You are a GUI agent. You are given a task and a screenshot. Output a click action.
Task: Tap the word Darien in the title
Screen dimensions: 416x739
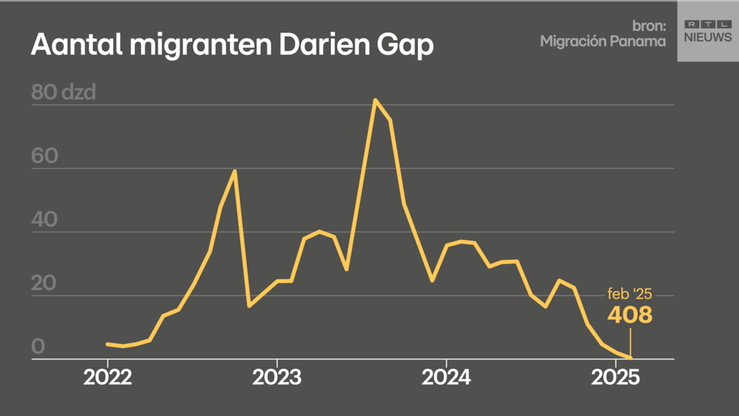coord(324,45)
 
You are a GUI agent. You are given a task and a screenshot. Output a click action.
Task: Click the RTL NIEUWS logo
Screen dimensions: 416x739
coord(707,30)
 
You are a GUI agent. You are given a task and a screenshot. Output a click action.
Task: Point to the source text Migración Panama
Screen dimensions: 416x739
coord(603,41)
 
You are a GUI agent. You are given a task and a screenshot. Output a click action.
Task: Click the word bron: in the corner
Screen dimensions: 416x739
coord(649,26)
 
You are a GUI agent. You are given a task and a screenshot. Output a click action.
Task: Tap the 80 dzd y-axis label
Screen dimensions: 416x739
coord(64,93)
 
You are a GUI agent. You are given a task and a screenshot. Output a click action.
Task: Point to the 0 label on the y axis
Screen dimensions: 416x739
coord(38,347)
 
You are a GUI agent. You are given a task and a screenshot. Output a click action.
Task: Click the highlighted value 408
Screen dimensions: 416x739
coord(629,315)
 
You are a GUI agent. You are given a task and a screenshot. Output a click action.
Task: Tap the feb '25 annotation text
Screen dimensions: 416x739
coord(629,295)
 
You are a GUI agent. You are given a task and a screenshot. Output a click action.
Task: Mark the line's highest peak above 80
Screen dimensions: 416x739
coord(375,100)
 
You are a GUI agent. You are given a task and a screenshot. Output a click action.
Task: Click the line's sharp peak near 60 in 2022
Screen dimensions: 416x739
coord(235,171)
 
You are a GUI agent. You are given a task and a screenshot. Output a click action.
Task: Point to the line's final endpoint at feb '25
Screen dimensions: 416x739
coord(630,357)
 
